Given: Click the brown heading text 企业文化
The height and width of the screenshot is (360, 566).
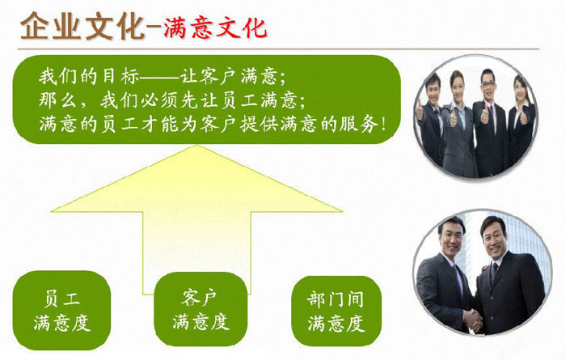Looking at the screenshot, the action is (x=82, y=26).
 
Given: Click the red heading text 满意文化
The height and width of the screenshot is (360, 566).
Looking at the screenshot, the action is (x=216, y=28).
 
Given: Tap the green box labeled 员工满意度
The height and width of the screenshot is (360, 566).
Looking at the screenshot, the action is (x=61, y=311).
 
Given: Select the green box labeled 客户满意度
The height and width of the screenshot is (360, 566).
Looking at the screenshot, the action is (x=201, y=310).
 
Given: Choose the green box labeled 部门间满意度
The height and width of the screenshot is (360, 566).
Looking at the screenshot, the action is (x=336, y=311).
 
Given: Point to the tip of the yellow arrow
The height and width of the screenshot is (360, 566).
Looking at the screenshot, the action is (x=196, y=145).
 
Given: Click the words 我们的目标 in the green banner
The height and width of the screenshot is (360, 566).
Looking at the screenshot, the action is (x=89, y=77).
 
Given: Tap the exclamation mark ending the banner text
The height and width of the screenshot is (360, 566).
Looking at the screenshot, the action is (x=383, y=125).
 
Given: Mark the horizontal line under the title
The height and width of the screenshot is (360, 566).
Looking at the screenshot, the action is (x=278, y=49).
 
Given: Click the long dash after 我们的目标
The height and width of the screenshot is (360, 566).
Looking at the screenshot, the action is (x=159, y=77).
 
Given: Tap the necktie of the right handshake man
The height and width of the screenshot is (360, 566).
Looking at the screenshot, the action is (x=494, y=273).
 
